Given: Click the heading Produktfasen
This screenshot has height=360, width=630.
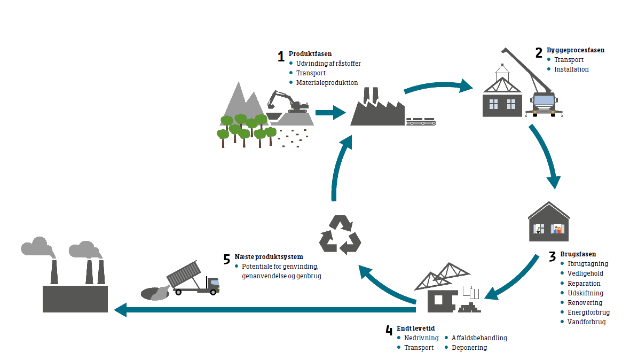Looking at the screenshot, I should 310,54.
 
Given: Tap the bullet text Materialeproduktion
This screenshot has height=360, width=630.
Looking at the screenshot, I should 327,83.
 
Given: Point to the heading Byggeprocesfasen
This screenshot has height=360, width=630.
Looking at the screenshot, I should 576,50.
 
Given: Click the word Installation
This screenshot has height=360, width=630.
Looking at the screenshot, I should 571,69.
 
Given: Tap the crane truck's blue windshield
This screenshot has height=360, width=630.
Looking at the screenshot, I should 544,100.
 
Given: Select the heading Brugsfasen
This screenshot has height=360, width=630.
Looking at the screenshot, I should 578,254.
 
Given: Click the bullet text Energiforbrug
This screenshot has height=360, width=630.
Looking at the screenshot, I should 588,312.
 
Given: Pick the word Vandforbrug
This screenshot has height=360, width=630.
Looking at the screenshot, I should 586,322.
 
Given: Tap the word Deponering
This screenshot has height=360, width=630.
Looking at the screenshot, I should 469,347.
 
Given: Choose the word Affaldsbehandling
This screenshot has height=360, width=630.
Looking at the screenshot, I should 479,338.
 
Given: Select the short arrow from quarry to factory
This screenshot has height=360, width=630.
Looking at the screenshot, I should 331,112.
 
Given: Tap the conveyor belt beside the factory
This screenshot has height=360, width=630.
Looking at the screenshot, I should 421,122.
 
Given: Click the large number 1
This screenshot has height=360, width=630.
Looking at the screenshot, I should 281,57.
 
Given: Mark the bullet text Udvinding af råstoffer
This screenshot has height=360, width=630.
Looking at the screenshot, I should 328,64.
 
